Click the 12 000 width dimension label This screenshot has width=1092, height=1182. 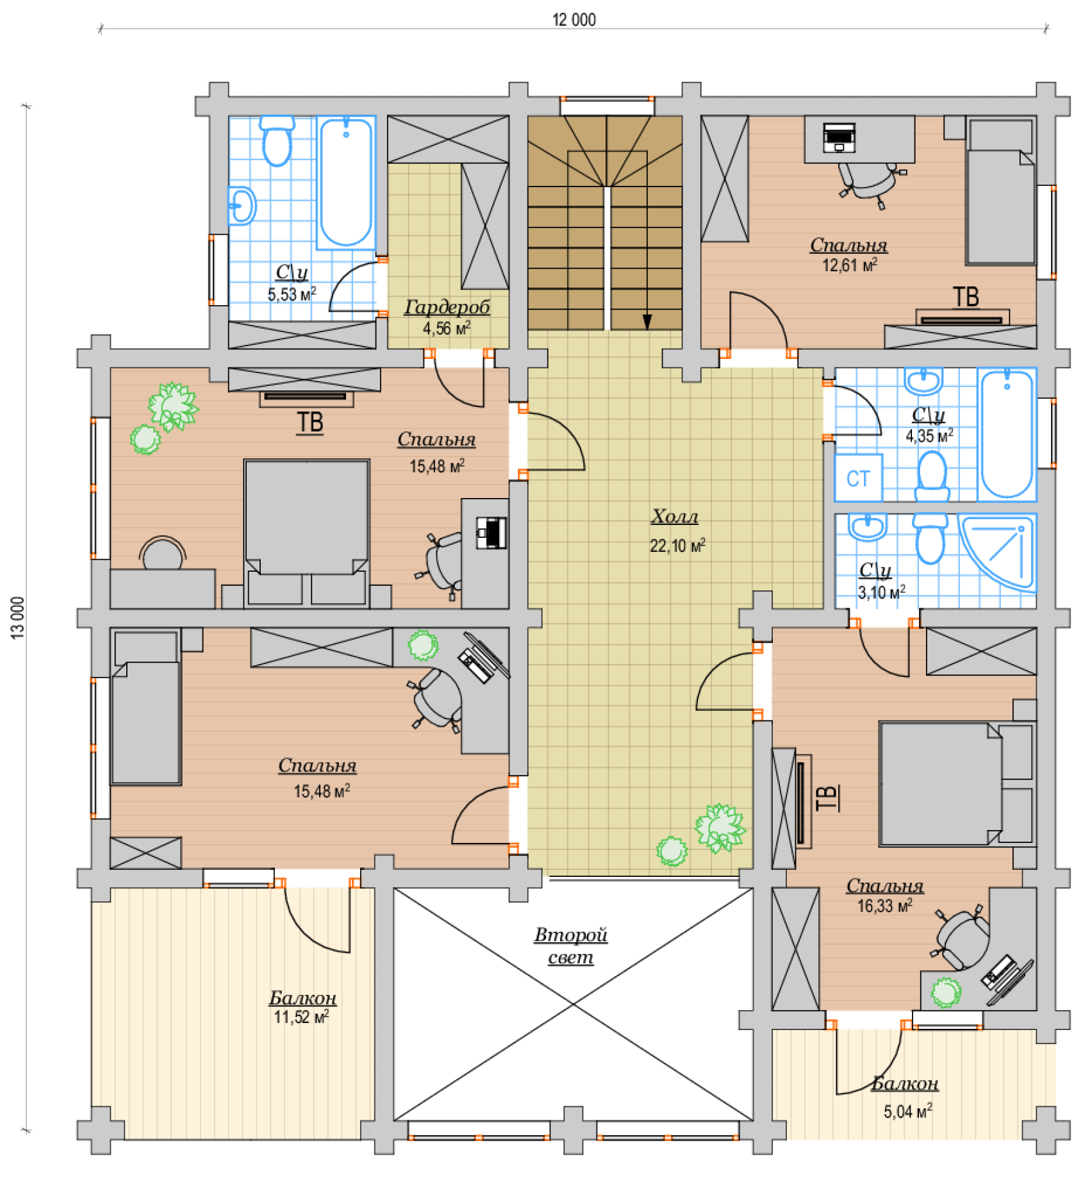pyautogui.click(x=574, y=20)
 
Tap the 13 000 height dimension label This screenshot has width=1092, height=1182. pyautogui.click(x=18, y=617)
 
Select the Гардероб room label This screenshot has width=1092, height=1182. pyautogui.click(x=447, y=308)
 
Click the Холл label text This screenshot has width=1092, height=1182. pyautogui.click(x=675, y=516)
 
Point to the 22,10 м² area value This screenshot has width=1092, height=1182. pyautogui.click(x=677, y=545)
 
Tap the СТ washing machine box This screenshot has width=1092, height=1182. pyautogui.click(x=858, y=478)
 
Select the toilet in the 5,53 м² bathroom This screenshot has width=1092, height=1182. pyautogui.click(x=277, y=141)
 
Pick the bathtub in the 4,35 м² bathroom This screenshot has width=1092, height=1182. pyautogui.click(x=1007, y=435)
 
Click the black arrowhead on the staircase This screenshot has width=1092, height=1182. pyautogui.click(x=647, y=322)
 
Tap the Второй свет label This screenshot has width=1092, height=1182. pyautogui.click(x=570, y=946)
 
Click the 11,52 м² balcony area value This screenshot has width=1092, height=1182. pyautogui.click(x=301, y=1017)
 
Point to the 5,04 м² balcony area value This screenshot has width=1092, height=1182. pyautogui.click(x=908, y=1111)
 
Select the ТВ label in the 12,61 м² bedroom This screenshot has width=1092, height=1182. pyautogui.click(x=966, y=297)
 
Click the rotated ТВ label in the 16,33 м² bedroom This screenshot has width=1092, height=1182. pyautogui.click(x=827, y=797)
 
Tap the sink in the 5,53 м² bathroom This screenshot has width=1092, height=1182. pyautogui.click(x=242, y=206)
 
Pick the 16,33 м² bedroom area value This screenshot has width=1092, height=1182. pyautogui.click(x=884, y=906)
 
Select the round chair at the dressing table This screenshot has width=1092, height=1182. pyautogui.click(x=163, y=553)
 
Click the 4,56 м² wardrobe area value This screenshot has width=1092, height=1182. pyautogui.click(x=447, y=328)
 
